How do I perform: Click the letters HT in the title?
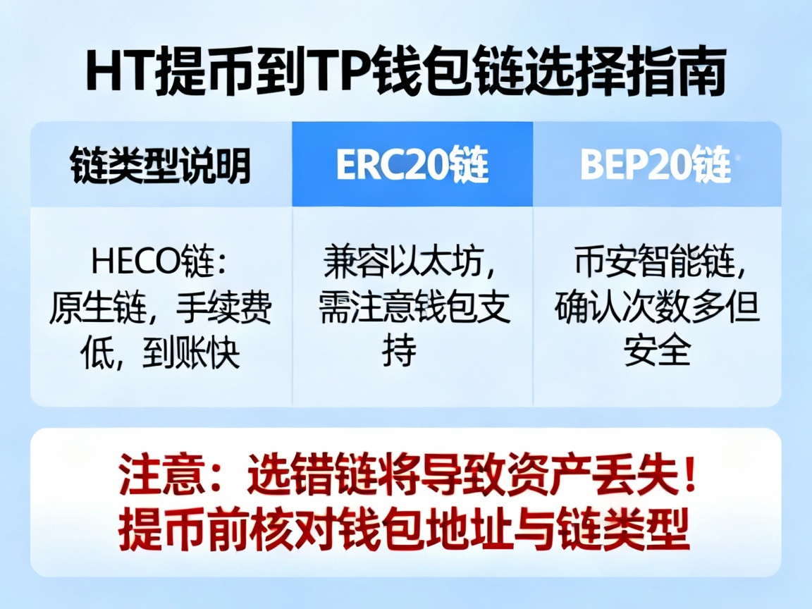(114, 73)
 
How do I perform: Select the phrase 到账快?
(190, 352)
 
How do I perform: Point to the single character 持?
(400, 350)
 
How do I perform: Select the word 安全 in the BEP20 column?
(656, 350)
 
